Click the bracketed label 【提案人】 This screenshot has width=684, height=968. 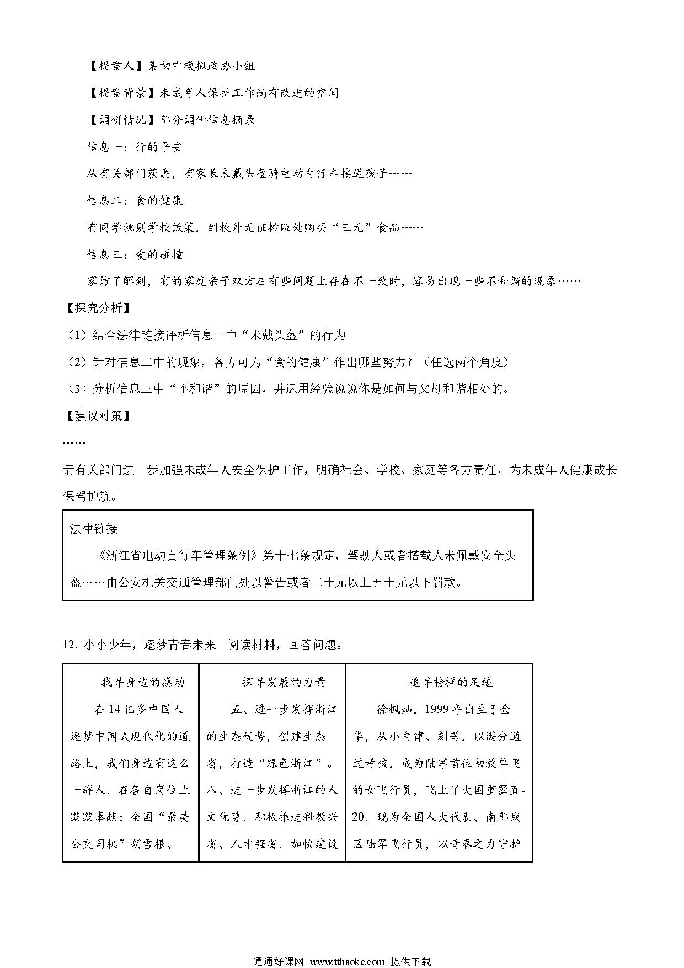click(x=116, y=66)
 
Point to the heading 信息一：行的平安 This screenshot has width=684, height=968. click(x=135, y=147)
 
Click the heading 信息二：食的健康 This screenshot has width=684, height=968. click(x=135, y=200)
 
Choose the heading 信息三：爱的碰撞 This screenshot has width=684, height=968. click(x=135, y=254)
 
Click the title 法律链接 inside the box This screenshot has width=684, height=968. click(x=94, y=529)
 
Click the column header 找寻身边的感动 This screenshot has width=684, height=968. click(x=142, y=682)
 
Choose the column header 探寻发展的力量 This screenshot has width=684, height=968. click(x=284, y=682)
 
